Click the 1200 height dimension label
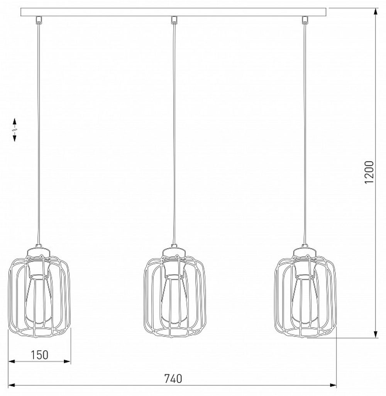click(x=369, y=172)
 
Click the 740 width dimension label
click(x=173, y=379)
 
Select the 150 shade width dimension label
click(x=39, y=355)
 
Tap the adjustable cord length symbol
click(x=15, y=130)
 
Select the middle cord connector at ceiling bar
click(x=174, y=19)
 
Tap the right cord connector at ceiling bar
click(x=305, y=19)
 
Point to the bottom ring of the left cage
click(x=40, y=331)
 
